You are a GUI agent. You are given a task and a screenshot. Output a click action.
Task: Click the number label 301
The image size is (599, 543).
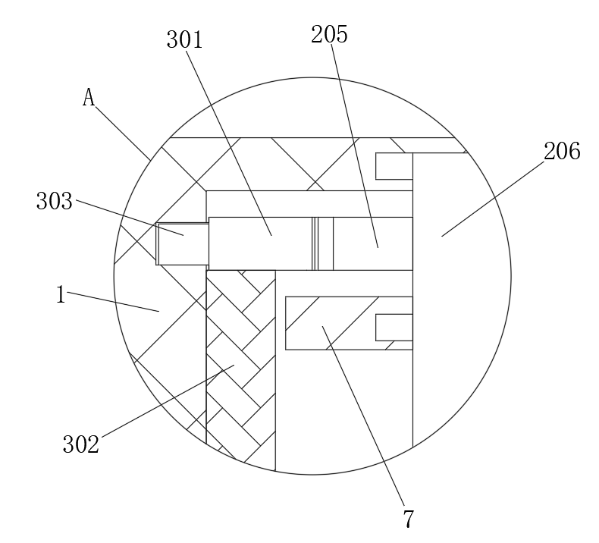(x=185, y=40)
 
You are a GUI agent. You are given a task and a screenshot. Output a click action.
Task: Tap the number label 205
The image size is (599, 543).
(x=329, y=34)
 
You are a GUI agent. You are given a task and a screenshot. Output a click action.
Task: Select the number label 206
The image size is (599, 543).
(x=562, y=152)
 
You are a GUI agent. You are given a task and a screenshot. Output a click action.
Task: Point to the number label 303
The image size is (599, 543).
(x=55, y=201)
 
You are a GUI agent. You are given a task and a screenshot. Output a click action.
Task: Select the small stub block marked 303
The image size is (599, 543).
(x=182, y=243)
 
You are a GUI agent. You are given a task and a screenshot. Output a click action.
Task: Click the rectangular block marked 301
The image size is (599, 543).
(x=260, y=243)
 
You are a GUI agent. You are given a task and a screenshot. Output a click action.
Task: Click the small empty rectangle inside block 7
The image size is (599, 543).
(x=394, y=328)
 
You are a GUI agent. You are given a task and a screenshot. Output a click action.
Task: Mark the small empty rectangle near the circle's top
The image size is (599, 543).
(x=394, y=166)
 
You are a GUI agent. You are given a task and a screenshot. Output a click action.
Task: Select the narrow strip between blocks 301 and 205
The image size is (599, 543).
(x=324, y=243)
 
